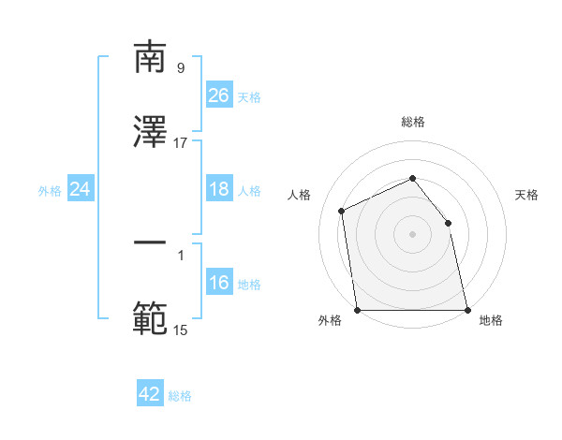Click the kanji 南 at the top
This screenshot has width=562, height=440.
[x=150, y=58]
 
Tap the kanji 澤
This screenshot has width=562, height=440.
[x=150, y=132]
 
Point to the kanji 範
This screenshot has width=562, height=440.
[x=150, y=318]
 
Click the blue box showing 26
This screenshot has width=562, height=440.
[x=218, y=95]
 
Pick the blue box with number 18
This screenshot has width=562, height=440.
[x=218, y=190]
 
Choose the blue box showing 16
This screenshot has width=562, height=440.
[x=218, y=284]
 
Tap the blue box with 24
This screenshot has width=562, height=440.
[x=80, y=190]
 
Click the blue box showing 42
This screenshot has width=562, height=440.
[x=150, y=394]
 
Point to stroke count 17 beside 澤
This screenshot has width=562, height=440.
[x=181, y=143]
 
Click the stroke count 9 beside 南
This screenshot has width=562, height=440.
[x=181, y=67]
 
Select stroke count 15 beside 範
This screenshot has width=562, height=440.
[x=181, y=330]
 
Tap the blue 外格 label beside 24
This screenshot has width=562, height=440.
[x=50, y=191]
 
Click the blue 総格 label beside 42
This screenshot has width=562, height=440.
[x=180, y=396]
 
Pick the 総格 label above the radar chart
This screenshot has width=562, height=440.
[x=413, y=122]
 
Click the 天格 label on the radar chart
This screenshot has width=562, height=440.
[x=526, y=195]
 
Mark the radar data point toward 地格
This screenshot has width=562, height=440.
[x=467, y=310]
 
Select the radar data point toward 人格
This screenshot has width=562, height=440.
[x=342, y=211]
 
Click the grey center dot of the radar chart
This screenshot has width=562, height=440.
[x=412, y=234]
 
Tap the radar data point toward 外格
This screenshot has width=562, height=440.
[x=357, y=310]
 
